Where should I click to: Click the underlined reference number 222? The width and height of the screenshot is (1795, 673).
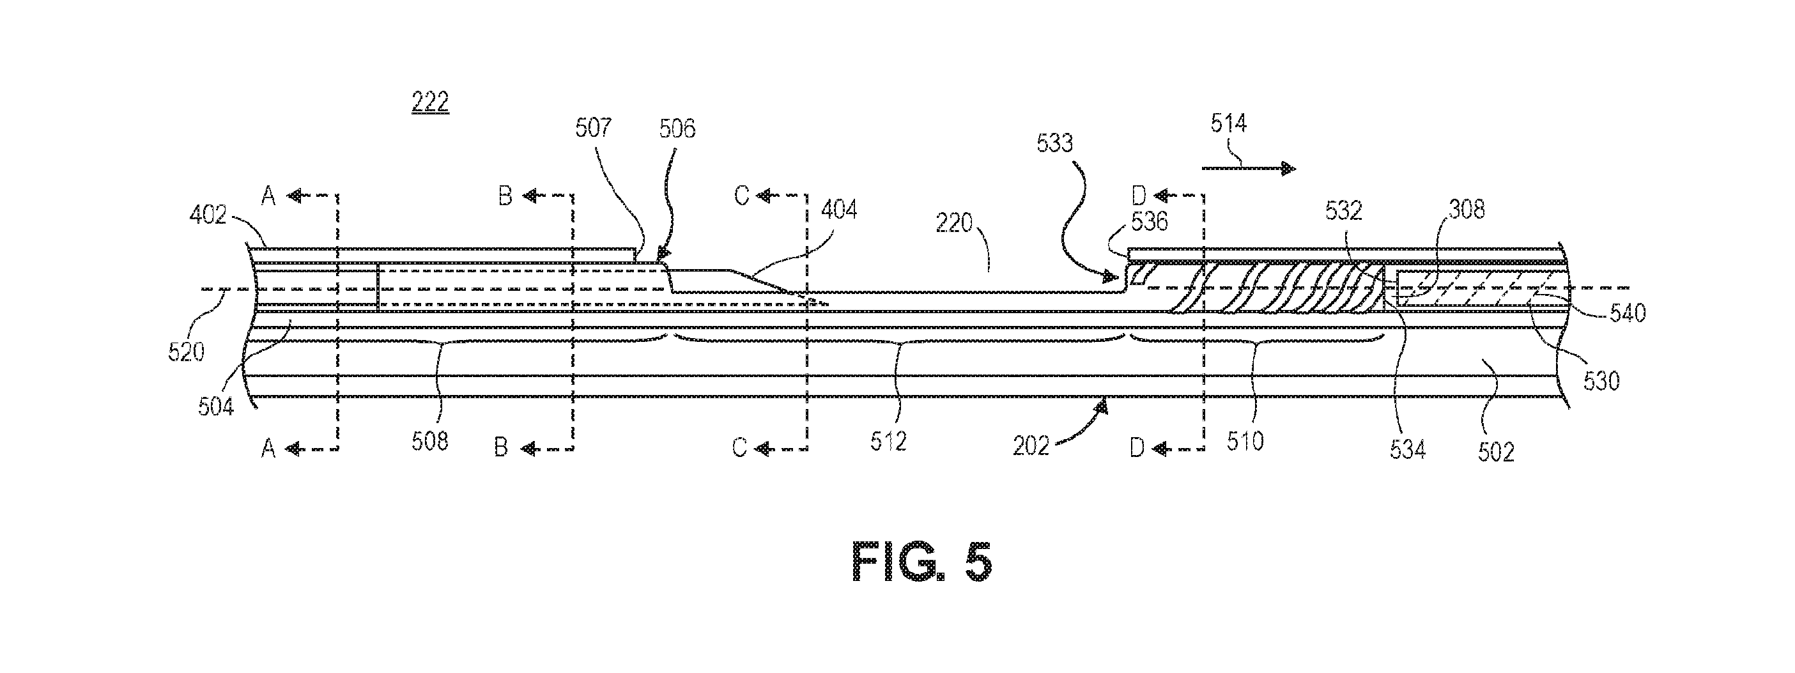pyautogui.click(x=430, y=103)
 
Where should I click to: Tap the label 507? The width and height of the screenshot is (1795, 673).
pyautogui.click(x=593, y=128)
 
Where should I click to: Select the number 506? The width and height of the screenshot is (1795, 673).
pyautogui.click(x=677, y=129)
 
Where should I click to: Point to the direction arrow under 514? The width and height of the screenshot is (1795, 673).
pyautogui.click(x=1249, y=168)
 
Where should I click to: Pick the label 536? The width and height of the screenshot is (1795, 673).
pyautogui.click(x=1150, y=222)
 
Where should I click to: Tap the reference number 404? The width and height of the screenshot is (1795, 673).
pyautogui.click(x=839, y=210)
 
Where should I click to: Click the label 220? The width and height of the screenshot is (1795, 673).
pyautogui.click(x=954, y=224)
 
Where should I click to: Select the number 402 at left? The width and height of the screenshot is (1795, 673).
pyautogui.click(x=208, y=215)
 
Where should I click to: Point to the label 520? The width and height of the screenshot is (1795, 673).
pyautogui.click(x=186, y=352)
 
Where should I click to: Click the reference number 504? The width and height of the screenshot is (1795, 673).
pyautogui.click(x=216, y=406)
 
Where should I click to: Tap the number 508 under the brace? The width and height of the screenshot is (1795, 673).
pyautogui.click(x=430, y=442)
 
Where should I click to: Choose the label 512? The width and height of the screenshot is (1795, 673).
pyautogui.click(x=888, y=442)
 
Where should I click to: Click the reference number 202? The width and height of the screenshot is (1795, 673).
pyautogui.click(x=1031, y=447)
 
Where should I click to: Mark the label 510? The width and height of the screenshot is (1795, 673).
pyautogui.click(x=1245, y=442)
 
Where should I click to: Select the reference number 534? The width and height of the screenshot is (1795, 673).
pyautogui.click(x=1408, y=450)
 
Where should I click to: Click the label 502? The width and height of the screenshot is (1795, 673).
pyautogui.click(x=1496, y=452)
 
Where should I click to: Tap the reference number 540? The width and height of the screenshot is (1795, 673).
pyautogui.click(x=1628, y=314)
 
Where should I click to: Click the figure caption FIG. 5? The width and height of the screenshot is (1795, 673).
pyautogui.click(x=922, y=563)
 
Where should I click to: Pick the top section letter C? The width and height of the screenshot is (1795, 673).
pyautogui.click(x=741, y=196)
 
